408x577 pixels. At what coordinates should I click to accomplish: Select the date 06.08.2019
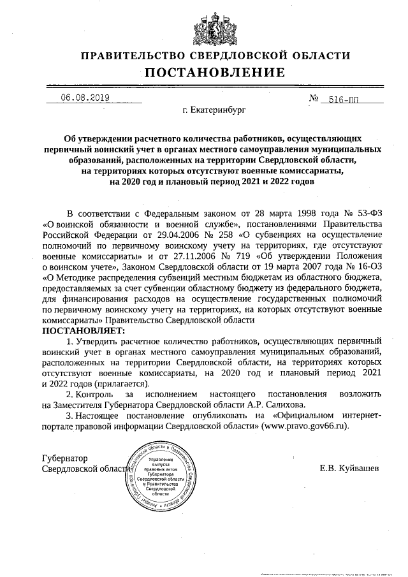pos(85,98)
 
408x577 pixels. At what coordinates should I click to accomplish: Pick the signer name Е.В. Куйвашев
pos(349,469)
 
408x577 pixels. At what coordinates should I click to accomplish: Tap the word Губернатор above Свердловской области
pos(64,458)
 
